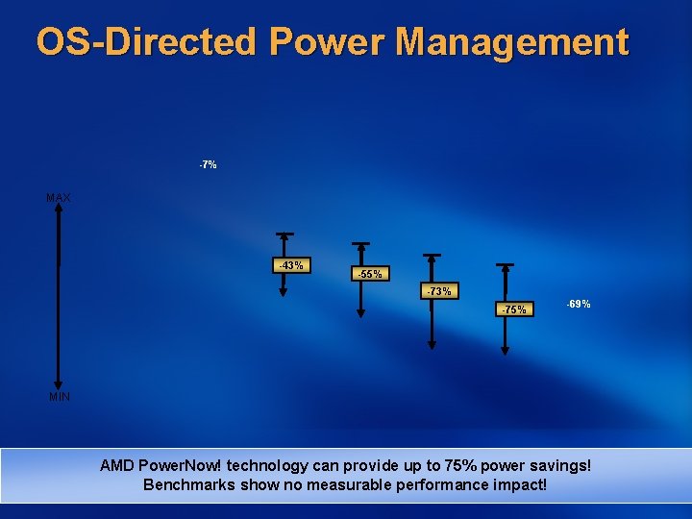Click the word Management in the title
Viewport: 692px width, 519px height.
(511, 42)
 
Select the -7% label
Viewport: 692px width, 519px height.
(208, 165)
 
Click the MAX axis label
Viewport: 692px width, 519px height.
(59, 198)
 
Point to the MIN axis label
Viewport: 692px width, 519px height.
(59, 396)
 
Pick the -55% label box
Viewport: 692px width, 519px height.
(369, 274)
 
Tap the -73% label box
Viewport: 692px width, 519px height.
(439, 291)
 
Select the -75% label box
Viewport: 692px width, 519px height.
(514, 309)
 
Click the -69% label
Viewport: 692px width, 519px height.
(579, 304)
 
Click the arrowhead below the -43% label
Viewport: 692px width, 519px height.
(284, 293)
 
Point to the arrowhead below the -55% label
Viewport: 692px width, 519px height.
(360, 310)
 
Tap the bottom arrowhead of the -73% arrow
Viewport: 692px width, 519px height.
(432, 343)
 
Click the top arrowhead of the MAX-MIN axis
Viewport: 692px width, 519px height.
(59, 213)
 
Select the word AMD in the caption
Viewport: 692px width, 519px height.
(117, 466)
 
